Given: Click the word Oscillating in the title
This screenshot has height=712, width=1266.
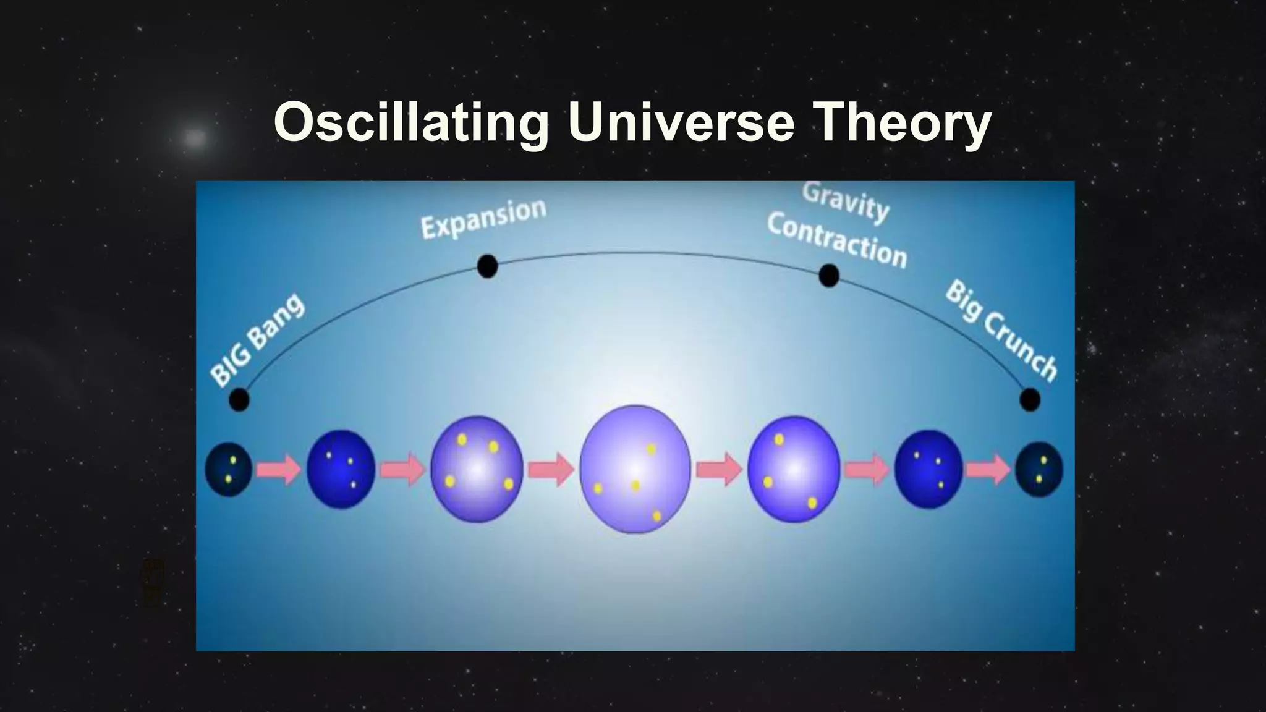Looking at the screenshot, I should (x=411, y=122).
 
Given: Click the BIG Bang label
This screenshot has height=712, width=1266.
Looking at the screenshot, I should (x=257, y=339).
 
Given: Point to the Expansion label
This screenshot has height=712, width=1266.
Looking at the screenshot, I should (x=483, y=218).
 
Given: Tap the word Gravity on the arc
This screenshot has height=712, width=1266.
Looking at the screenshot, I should (x=846, y=201).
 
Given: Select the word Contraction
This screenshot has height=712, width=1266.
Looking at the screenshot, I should (x=837, y=240).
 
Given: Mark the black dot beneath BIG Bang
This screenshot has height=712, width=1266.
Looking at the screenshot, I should (x=239, y=400).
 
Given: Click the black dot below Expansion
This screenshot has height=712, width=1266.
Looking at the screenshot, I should (x=487, y=266).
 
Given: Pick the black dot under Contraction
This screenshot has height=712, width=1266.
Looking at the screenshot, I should (x=828, y=276).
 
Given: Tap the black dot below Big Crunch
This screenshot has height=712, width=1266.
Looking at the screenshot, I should (x=1029, y=400).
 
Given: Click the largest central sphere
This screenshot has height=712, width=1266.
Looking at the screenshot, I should (x=635, y=469).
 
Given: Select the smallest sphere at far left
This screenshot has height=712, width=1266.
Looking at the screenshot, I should (x=228, y=469).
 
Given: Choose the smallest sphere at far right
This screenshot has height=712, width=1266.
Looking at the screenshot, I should (x=1039, y=469).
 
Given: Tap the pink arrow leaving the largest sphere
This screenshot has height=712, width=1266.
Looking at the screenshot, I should (x=719, y=469).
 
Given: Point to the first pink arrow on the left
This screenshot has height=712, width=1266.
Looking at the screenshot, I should (x=278, y=469).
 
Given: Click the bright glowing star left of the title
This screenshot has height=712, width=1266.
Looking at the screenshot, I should (x=195, y=137).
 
